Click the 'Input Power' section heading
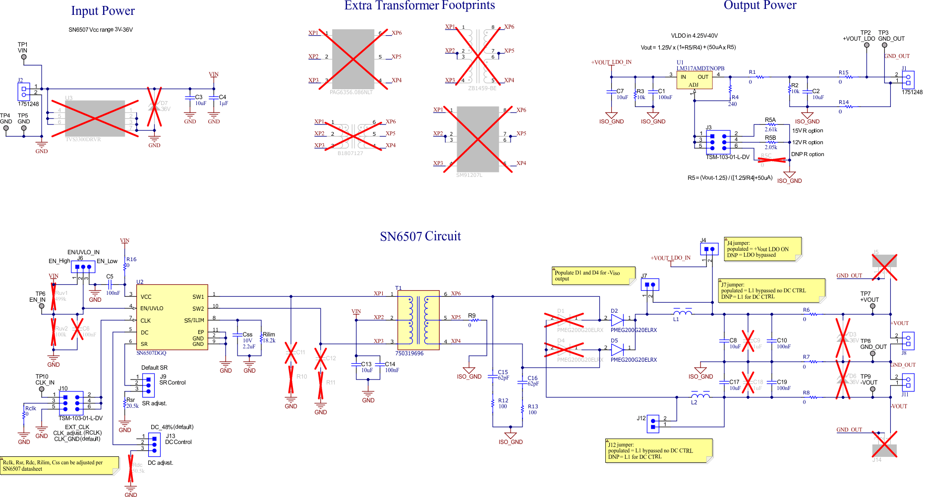[x=103, y=11]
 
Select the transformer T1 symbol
[x=418, y=320]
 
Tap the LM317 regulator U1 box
[x=694, y=80]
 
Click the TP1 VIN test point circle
[x=24, y=57]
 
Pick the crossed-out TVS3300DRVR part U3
[x=95, y=118]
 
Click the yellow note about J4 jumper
[x=762, y=249]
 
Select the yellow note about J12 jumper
[x=659, y=450]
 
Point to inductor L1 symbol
[x=683, y=312]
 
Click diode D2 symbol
[x=617, y=320]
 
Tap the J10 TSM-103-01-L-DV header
[x=71, y=403]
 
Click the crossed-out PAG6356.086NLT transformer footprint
[x=353, y=59]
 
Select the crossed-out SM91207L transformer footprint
[x=477, y=139]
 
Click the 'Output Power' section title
[x=759, y=5]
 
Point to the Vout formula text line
[x=688, y=48]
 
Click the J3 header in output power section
[x=718, y=142]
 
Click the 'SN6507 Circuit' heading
[x=420, y=236]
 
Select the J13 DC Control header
[x=154, y=444]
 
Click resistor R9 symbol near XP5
[x=474, y=321]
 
